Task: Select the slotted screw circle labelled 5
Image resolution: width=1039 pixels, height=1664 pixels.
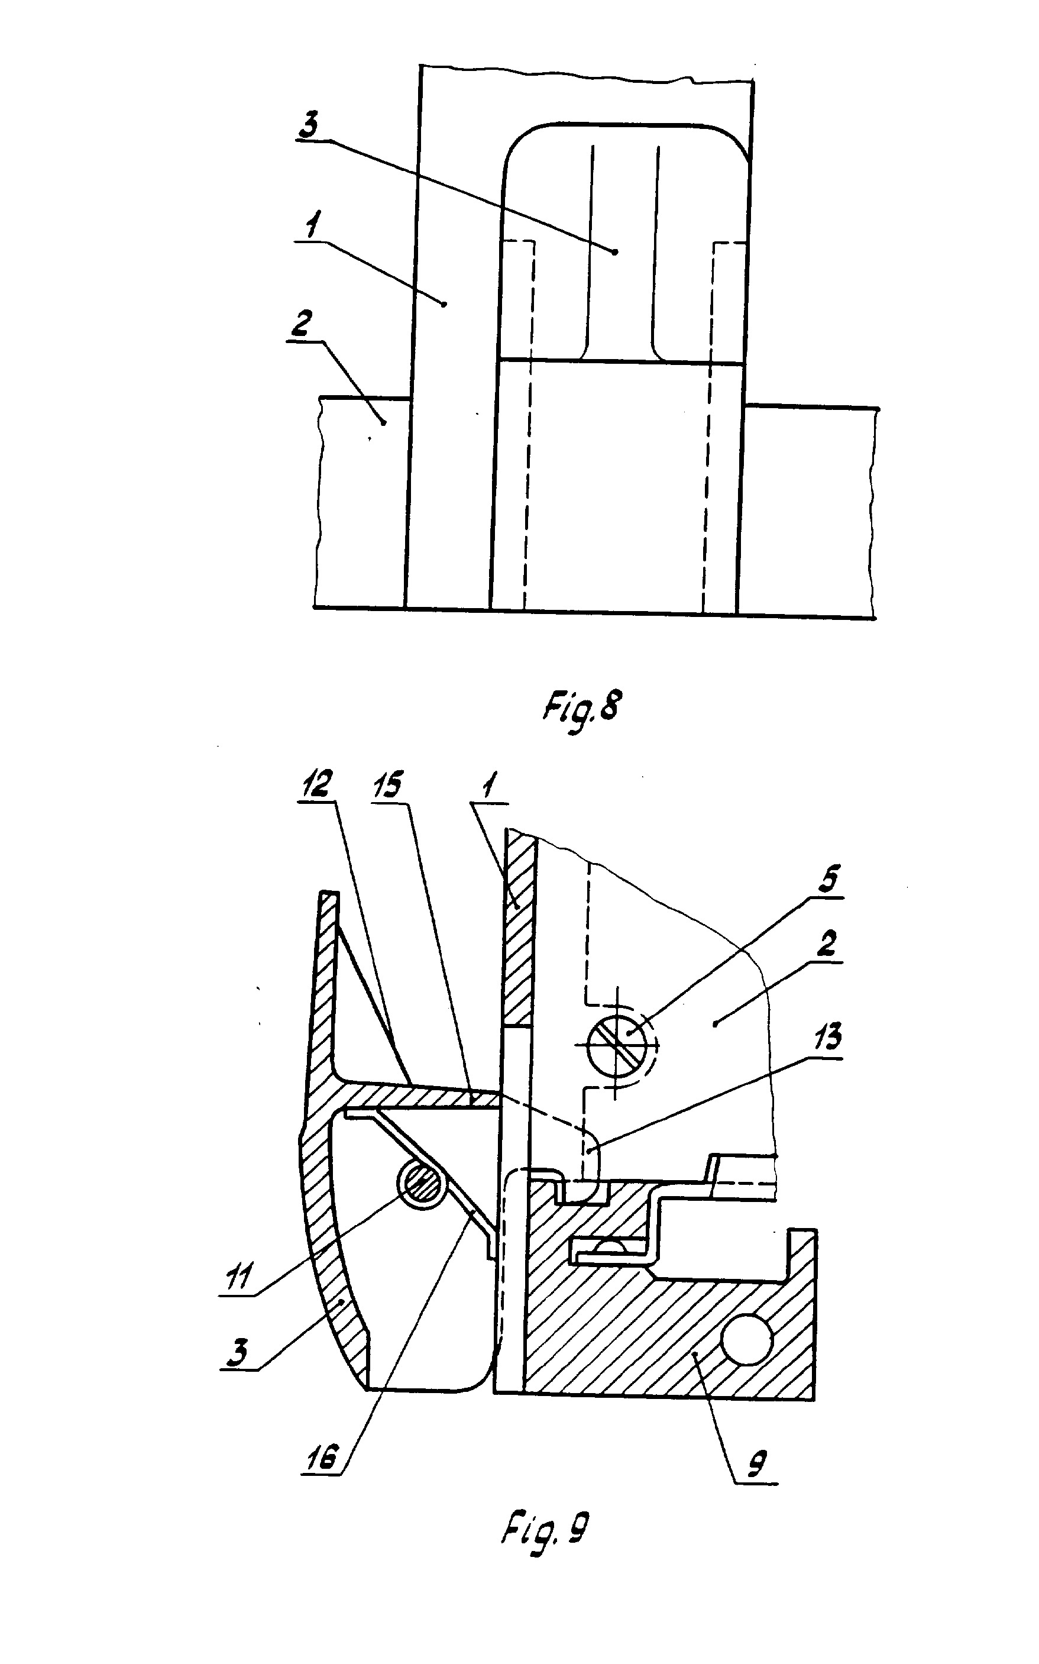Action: [x=621, y=1041]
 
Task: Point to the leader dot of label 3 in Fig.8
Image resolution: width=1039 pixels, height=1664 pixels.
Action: [x=615, y=252]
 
